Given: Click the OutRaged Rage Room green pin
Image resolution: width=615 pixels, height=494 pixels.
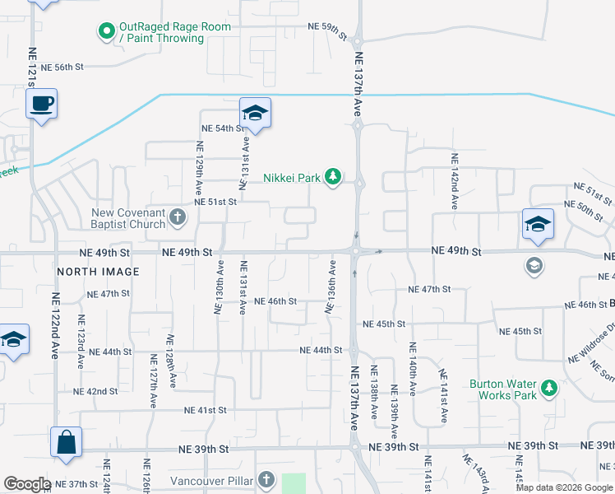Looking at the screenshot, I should click(x=106, y=32).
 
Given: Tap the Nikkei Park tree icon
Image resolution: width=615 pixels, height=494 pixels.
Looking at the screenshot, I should click(x=333, y=177).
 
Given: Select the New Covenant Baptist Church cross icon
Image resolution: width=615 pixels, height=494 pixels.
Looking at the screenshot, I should click(x=178, y=218).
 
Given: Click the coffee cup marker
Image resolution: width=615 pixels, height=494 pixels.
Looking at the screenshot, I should click(x=41, y=105).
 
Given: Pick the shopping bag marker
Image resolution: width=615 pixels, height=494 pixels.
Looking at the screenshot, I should click(x=65, y=442).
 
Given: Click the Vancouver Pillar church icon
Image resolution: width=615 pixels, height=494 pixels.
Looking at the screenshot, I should click(x=266, y=479).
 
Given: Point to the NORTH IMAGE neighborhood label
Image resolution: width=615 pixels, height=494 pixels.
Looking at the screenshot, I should click(x=98, y=271).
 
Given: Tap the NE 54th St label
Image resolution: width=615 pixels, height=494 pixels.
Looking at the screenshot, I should click(x=224, y=128).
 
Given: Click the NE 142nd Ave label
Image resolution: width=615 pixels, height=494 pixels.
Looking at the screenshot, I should click(x=453, y=174).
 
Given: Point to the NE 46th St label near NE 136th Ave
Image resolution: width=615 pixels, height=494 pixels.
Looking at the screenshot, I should click(x=275, y=301).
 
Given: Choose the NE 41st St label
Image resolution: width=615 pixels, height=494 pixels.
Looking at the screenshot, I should click(x=205, y=409).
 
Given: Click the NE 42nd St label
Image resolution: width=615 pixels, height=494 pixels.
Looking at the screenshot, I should click(x=95, y=391).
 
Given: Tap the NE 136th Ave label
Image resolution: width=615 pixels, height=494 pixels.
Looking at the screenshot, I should click(x=331, y=287).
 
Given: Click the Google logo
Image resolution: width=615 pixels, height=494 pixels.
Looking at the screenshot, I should click(x=27, y=484).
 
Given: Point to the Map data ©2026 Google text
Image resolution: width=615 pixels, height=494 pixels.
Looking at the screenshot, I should click(x=563, y=487).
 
